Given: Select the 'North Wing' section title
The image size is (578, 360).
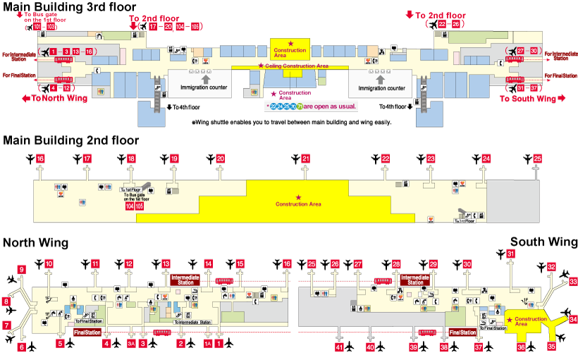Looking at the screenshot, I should point(35,243).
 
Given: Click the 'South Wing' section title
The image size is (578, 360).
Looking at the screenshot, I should point(543,242).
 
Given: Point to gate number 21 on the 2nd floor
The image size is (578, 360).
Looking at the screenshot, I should point(305,159).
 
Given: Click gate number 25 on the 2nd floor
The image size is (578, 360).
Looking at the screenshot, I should point(538,159).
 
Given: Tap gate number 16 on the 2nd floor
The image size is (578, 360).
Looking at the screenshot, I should point(40,159).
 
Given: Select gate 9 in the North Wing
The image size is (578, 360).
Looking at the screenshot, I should point(21,270).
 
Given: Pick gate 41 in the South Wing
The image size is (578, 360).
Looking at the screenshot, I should point(339,347).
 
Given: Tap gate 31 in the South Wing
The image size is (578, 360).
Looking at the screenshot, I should point(511,254).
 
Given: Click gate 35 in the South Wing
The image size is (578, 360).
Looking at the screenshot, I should point(551,346).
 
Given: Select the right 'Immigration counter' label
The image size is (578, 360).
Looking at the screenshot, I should point(382,89).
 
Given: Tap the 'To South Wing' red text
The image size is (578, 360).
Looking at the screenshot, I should point(528,99).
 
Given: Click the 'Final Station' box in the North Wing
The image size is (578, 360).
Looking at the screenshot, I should point(87,332).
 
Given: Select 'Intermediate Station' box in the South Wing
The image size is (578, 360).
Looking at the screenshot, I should point(415,280).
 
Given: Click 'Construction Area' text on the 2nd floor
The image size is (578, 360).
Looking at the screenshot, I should point(298,204).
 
